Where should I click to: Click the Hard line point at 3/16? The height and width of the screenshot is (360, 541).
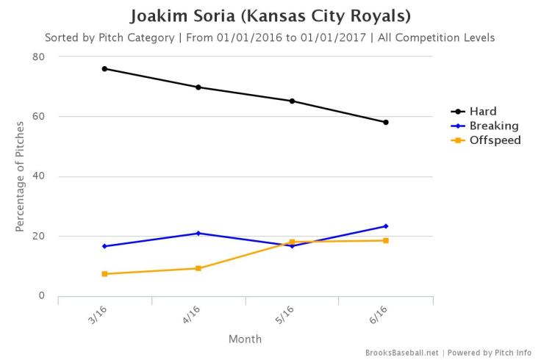pyautogui.click(x=105, y=68)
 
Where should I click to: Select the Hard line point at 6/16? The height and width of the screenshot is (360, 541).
pyautogui.click(x=386, y=122)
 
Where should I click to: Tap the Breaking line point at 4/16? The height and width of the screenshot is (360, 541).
pyautogui.click(x=198, y=233)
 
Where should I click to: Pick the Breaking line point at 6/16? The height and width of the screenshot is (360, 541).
pyautogui.click(x=386, y=226)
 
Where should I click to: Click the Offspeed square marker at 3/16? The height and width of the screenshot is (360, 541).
pyautogui.click(x=105, y=274)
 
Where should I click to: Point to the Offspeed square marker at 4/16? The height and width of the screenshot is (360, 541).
pyautogui.click(x=198, y=268)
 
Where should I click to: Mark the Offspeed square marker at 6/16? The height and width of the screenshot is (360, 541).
pyautogui.click(x=386, y=240)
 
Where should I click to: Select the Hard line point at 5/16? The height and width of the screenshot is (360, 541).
pyautogui.click(x=293, y=101)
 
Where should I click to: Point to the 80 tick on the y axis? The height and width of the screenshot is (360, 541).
pyautogui.click(x=39, y=57)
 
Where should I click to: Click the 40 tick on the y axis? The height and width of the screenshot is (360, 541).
pyautogui.click(x=39, y=176)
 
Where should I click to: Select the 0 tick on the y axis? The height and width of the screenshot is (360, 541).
pyautogui.click(x=42, y=296)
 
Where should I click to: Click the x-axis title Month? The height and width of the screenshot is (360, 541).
pyautogui.click(x=246, y=339)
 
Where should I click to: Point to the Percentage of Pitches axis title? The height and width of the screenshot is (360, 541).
pyautogui.click(x=21, y=176)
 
